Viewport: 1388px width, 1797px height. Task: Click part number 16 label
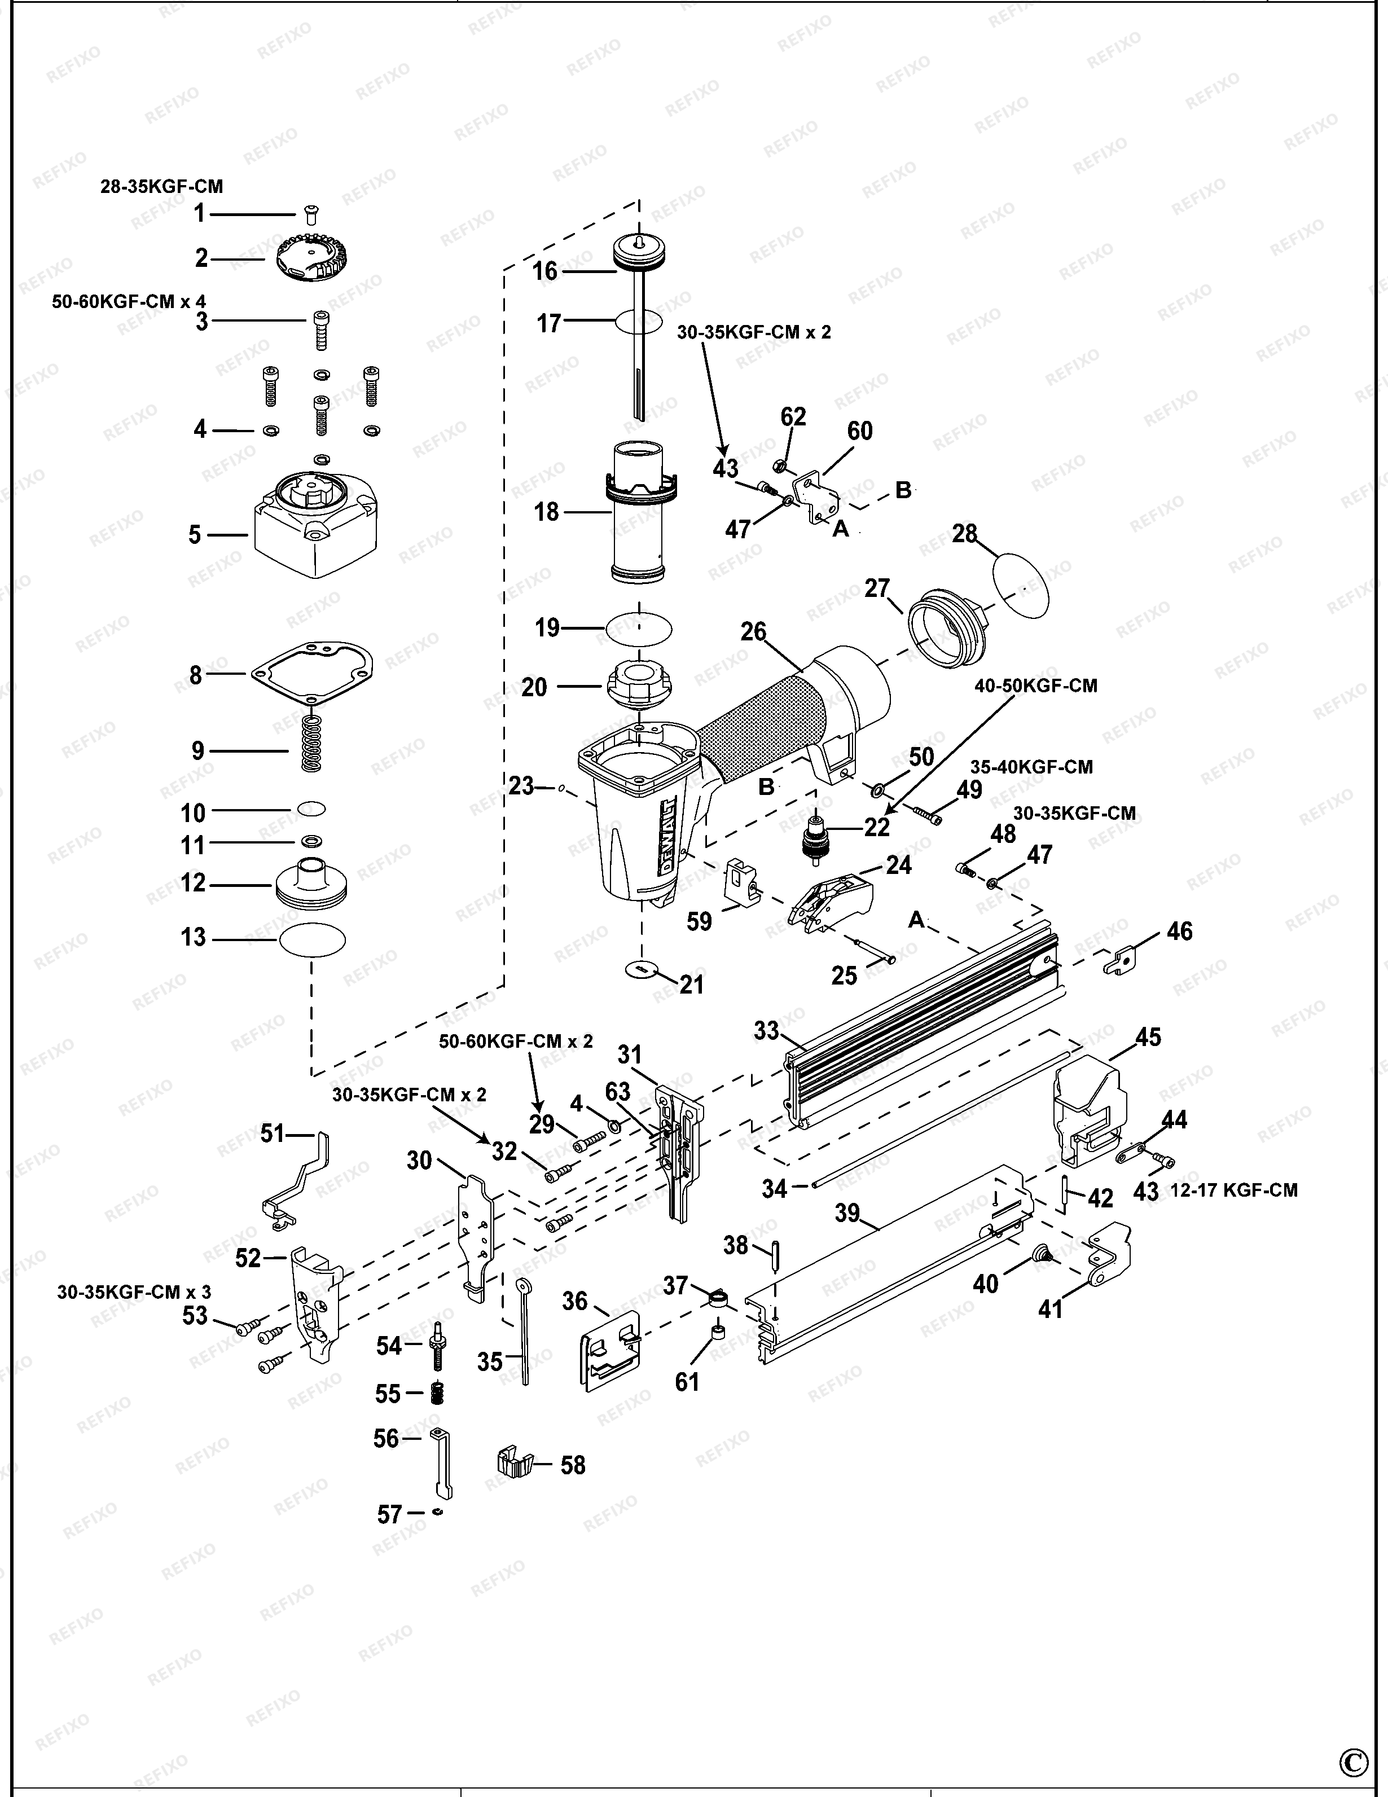tap(544, 271)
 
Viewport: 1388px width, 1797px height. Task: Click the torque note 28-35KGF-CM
tap(161, 187)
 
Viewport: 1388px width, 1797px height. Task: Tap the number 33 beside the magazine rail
tap(766, 1030)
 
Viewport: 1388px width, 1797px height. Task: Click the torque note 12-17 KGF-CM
tap(1233, 1190)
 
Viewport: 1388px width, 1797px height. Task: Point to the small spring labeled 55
tap(438, 1392)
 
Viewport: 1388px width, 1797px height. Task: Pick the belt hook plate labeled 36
tap(611, 1350)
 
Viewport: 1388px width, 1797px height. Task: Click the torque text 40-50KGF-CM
tap(1036, 686)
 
